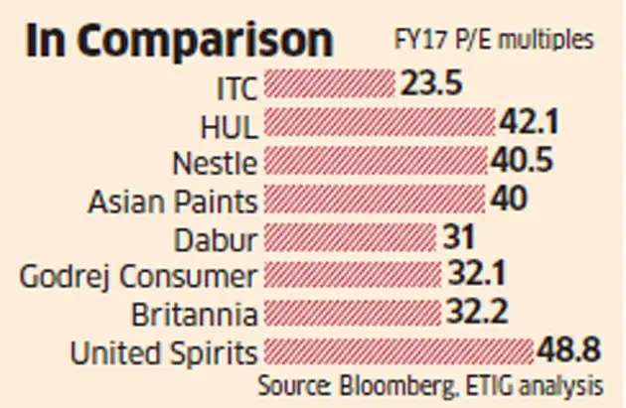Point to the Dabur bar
(x=350, y=238)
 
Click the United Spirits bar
(x=397, y=352)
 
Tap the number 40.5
(x=522, y=161)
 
